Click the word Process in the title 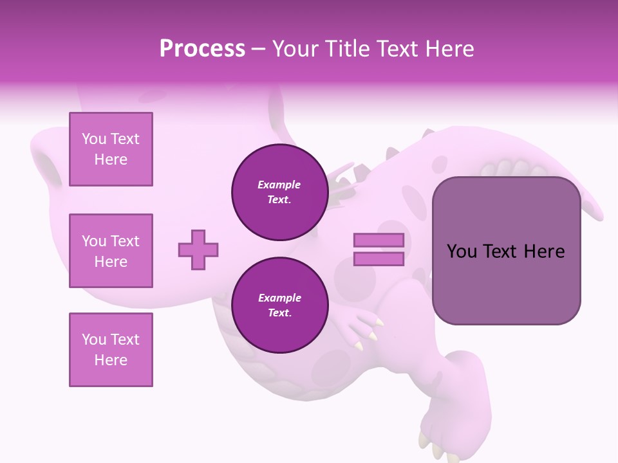(202, 49)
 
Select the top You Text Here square (111, 149)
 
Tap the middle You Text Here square (111, 251)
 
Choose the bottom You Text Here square (111, 349)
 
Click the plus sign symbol (198, 250)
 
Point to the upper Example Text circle (280, 192)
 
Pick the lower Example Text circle (280, 305)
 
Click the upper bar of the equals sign (379, 241)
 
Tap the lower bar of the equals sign (379, 259)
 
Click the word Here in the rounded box (544, 251)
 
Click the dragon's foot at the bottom (444, 431)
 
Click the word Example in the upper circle (279, 185)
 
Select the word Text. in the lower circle (279, 313)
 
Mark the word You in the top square (93, 139)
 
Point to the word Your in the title (296, 49)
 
